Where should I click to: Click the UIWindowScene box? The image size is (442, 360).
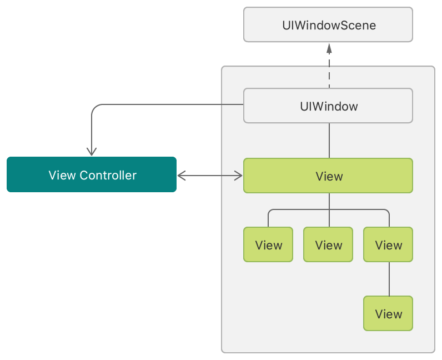pos(328,24)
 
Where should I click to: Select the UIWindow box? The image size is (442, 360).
pos(328,106)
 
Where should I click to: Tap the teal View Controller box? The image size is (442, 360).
pos(92,175)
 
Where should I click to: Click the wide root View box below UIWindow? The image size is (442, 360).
pos(328,176)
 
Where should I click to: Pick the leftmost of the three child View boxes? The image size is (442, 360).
pos(268,244)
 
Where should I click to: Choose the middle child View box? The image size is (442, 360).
pos(328,244)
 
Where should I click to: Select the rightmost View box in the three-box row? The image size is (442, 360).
pos(388,244)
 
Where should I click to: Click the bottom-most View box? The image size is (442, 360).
pos(388,314)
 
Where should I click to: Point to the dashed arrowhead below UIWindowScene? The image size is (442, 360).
pos(329,48)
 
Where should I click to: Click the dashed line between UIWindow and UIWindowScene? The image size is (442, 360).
pos(329,72)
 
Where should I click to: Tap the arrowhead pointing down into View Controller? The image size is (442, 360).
pos(92,151)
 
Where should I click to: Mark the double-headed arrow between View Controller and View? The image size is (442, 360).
pos(210,176)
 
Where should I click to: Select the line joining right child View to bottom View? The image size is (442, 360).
pos(389,279)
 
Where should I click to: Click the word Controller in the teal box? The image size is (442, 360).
pos(108,176)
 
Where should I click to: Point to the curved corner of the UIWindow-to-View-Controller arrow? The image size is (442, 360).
pos(94,107)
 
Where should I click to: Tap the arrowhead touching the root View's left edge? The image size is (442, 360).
pos(239,176)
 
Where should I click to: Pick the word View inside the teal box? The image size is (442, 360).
pos(62,176)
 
